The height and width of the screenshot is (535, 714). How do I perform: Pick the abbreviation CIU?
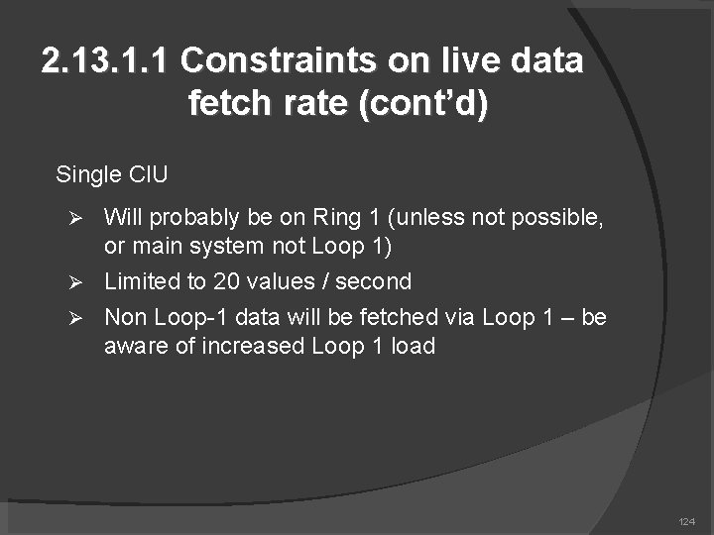pos(148,175)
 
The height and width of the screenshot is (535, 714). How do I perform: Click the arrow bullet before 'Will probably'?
pos(82,217)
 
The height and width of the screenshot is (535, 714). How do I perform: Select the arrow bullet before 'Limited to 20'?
pos(82,282)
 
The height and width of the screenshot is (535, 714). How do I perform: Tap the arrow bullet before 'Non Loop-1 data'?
pos(82,318)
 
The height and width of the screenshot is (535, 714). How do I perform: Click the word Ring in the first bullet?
pos(334,216)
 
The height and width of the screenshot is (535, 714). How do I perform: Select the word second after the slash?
pos(374,281)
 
